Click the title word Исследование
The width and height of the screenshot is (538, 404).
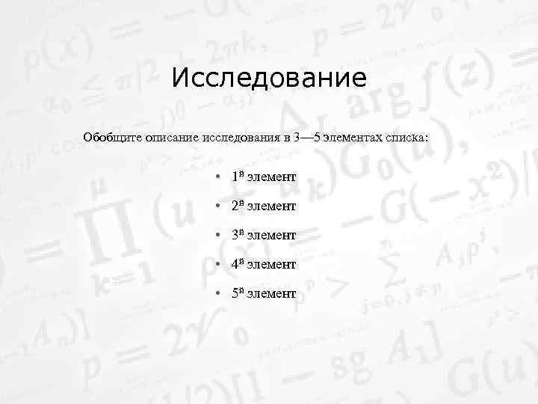pyautogui.click(x=269, y=78)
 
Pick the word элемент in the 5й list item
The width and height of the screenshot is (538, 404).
pyautogui.click(x=271, y=294)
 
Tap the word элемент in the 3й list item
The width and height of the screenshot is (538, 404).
pyautogui.click(x=271, y=236)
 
